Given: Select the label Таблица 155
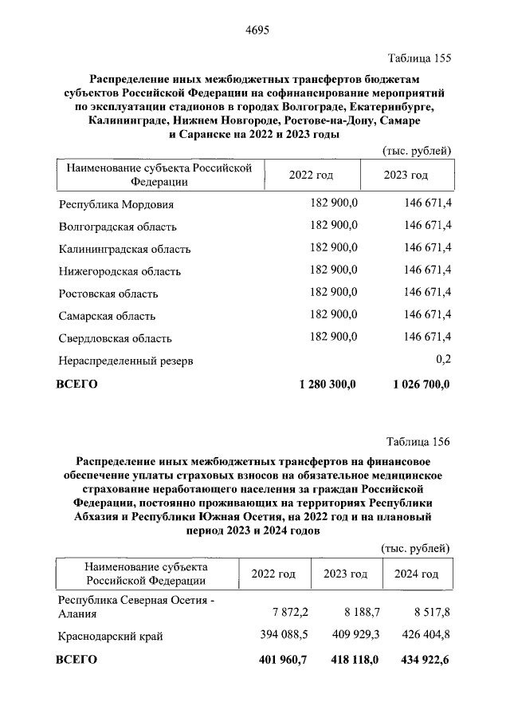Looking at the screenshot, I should pyautogui.click(x=419, y=58).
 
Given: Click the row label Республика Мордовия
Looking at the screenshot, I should pyautogui.click(x=116, y=204).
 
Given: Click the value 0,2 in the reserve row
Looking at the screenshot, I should pyautogui.click(x=444, y=361).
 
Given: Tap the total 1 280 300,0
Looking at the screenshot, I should pyautogui.click(x=328, y=384).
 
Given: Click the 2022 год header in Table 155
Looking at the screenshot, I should pyautogui.click(x=311, y=175).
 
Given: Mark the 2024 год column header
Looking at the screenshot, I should pyautogui.click(x=417, y=574).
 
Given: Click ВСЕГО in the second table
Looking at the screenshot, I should pyautogui.click(x=76, y=660).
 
